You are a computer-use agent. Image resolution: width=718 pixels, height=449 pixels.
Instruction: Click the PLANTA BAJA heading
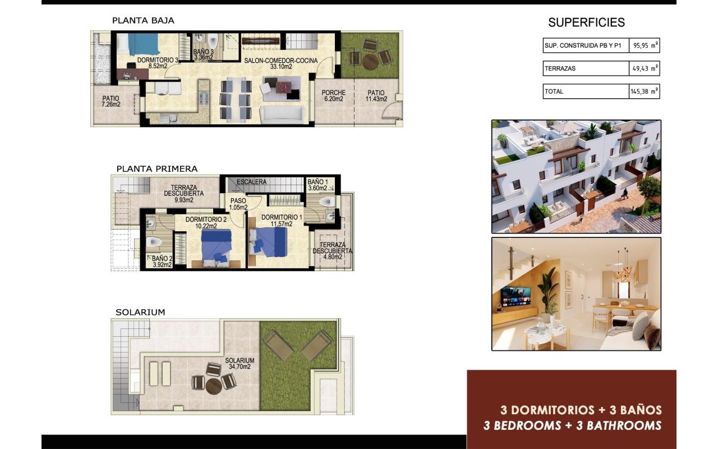(x=143, y=21)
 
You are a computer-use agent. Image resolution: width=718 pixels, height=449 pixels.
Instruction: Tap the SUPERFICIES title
(x=586, y=23)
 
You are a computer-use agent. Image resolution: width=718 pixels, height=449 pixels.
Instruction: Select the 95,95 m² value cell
(x=645, y=46)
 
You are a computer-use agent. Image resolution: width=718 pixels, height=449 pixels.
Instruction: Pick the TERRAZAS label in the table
(x=560, y=69)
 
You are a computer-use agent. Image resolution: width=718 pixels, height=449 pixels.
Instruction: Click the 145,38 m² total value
(x=645, y=91)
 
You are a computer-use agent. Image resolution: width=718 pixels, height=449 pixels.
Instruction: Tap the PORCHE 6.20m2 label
(x=333, y=95)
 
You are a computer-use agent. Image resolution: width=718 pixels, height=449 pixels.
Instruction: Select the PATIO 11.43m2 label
(x=376, y=95)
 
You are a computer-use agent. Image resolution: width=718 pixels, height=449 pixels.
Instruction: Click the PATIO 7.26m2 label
(x=111, y=100)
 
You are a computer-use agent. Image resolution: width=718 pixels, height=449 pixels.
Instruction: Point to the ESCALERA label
(x=252, y=182)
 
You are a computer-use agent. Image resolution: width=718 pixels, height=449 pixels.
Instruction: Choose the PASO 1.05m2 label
(x=238, y=203)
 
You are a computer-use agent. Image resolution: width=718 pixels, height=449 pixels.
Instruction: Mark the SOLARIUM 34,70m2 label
(x=240, y=364)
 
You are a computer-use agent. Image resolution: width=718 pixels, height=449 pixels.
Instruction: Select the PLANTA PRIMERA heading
(x=157, y=168)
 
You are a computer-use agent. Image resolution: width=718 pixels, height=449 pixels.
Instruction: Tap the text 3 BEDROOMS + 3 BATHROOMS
(x=572, y=425)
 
